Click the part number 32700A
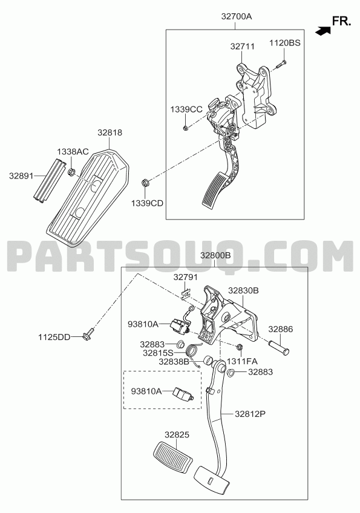237,16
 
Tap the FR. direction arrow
322,30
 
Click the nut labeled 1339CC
185,128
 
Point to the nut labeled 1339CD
145,183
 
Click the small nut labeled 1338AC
71,171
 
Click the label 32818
110,132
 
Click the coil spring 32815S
191,351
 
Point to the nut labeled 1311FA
238,347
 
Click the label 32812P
250,414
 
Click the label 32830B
243,290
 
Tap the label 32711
242,47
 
